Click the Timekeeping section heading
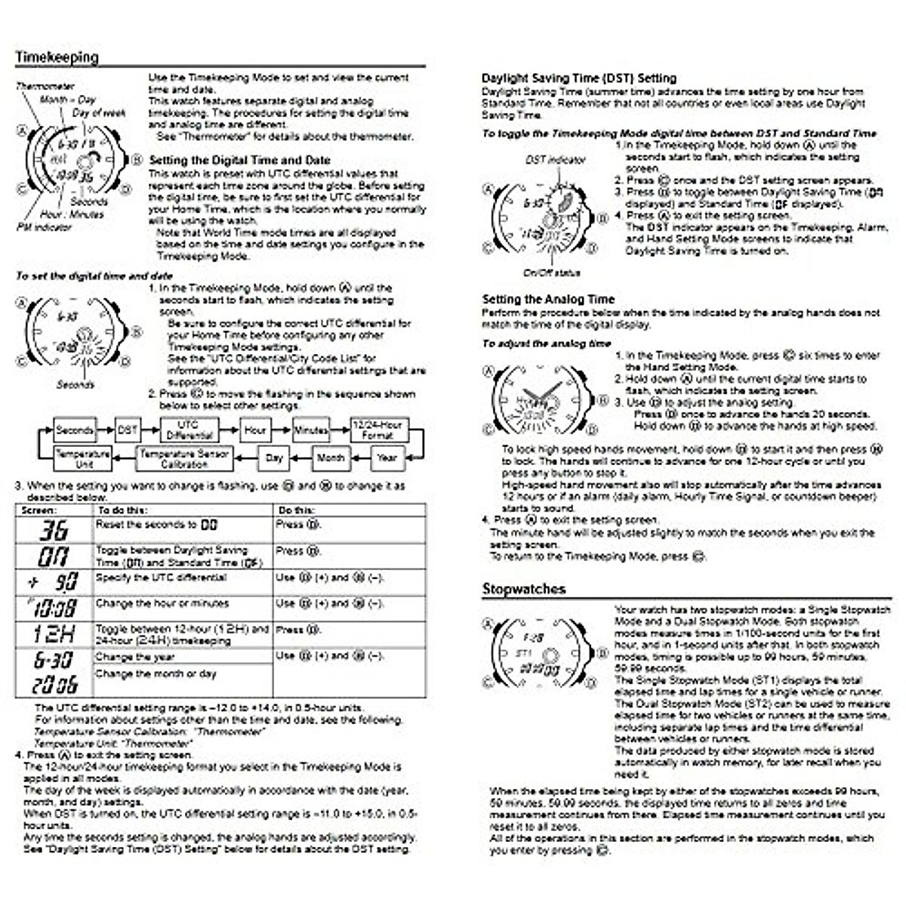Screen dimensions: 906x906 point(57,57)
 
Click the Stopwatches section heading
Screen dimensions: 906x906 point(523,589)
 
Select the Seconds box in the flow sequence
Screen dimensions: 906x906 point(74,430)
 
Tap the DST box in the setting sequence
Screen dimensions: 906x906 point(127,430)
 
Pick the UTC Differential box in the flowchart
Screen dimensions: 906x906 point(188,430)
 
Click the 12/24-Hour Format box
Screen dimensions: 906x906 point(377,430)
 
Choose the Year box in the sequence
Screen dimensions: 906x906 point(387,458)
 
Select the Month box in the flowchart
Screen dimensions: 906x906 point(330,458)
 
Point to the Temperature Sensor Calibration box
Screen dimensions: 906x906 point(184,458)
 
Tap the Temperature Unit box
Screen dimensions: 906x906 point(83,458)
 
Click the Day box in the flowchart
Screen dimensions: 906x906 point(274,458)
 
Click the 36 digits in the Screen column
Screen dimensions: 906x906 point(53,530)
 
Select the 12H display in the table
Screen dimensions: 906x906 point(53,633)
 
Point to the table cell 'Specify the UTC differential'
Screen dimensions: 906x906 point(161,578)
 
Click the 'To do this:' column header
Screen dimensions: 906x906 point(122,510)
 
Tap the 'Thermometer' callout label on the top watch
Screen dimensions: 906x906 point(45,87)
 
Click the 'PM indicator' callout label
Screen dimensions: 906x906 point(44,226)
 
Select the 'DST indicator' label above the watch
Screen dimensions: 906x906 point(555,160)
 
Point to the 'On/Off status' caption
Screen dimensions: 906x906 point(551,273)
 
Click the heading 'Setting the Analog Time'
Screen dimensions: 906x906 point(548,299)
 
